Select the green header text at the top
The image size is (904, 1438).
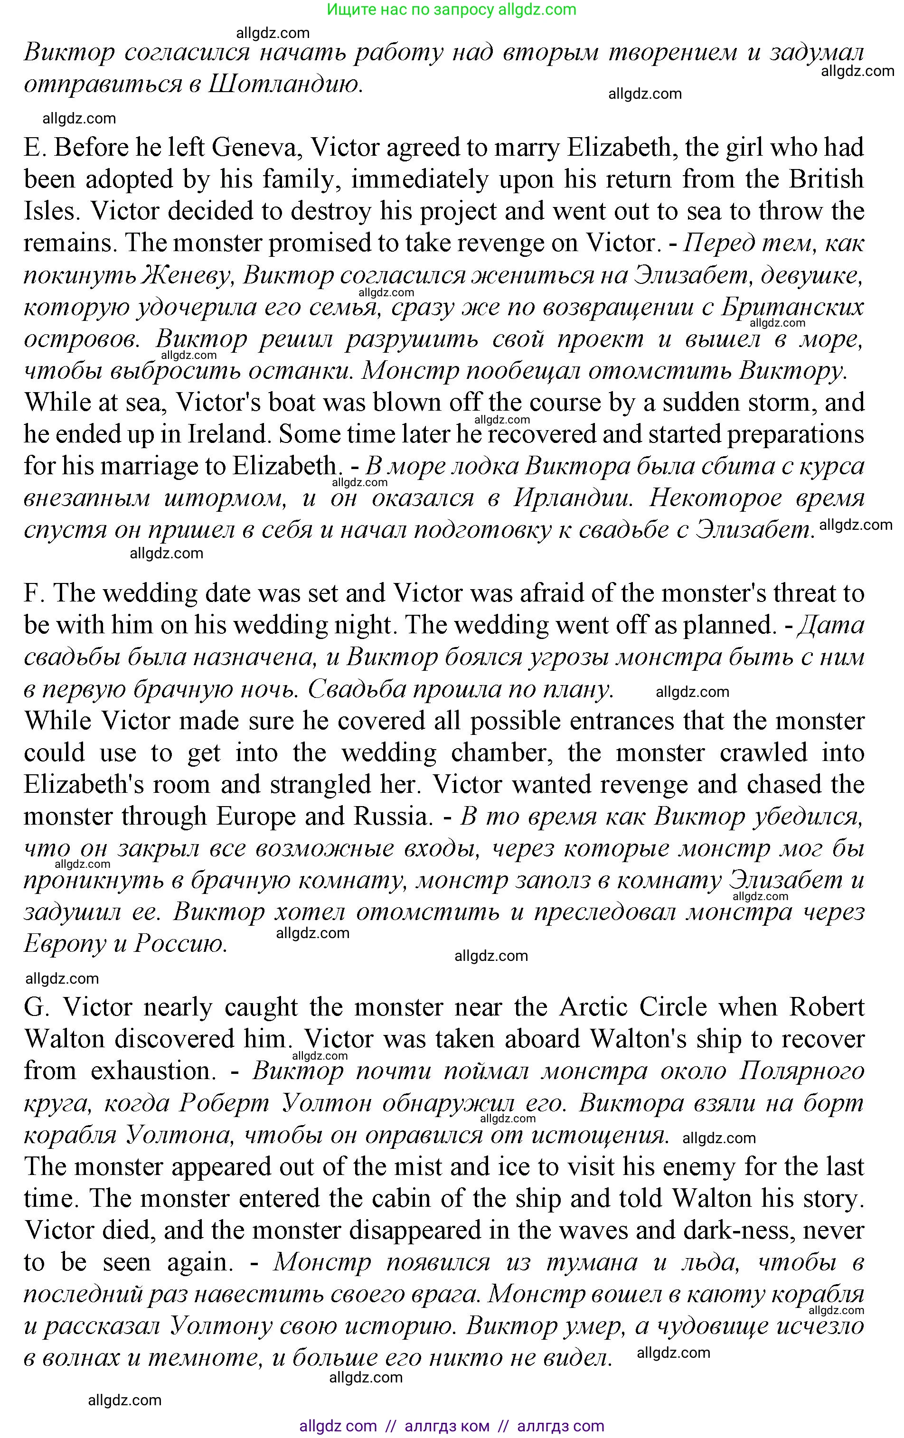point(452,9)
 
